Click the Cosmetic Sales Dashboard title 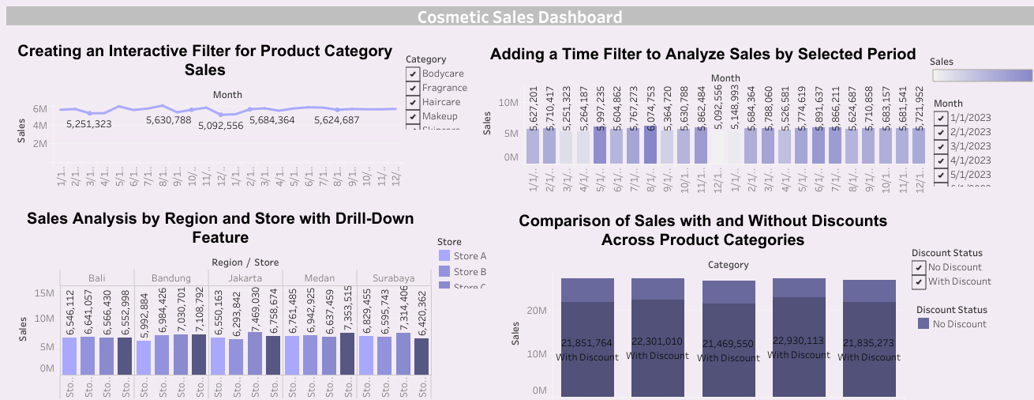pos(519,17)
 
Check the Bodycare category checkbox pos(413,74)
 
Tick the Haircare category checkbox pos(413,102)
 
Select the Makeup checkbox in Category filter pos(413,116)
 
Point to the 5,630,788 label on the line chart pos(168,120)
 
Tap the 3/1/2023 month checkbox pos(940,146)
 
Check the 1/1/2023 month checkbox pos(940,118)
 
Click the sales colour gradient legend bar pos(982,76)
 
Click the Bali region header pos(96,277)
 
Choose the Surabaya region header pos(393,277)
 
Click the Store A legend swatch pos(445,256)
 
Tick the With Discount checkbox pos(919,281)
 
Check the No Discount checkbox pos(919,267)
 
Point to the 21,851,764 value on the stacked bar pos(587,342)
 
